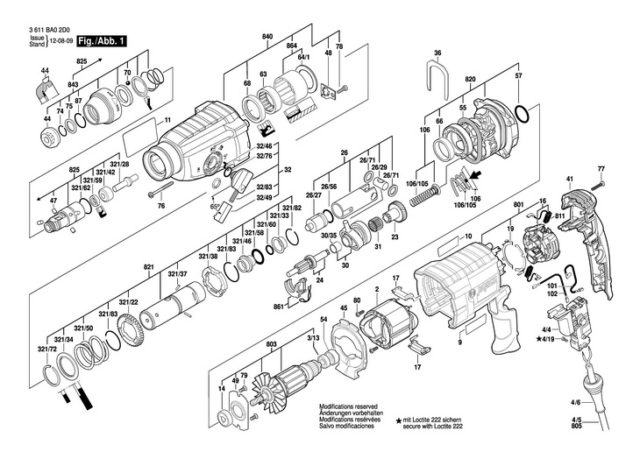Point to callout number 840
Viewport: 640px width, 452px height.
[267, 36]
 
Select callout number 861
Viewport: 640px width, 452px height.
[279, 307]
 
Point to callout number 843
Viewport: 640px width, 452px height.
[74, 84]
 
